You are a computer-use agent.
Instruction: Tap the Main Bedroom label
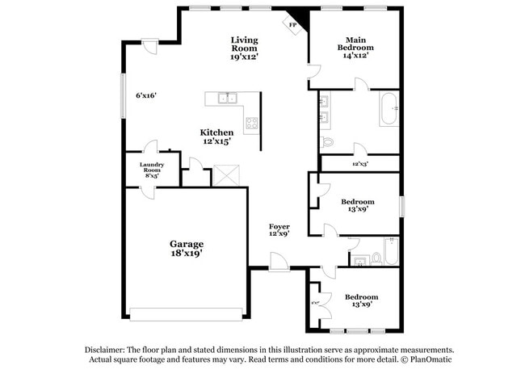click(x=355, y=47)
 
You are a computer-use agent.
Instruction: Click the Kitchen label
click(x=216, y=136)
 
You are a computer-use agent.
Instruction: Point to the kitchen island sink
click(x=227, y=99)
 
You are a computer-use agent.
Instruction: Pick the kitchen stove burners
click(x=251, y=124)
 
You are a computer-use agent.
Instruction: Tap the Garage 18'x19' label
click(x=186, y=248)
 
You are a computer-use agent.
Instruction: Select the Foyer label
click(x=279, y=230)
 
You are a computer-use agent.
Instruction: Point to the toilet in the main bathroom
click(x=328, y=142)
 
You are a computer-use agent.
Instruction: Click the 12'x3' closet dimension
click(x=361, y=163)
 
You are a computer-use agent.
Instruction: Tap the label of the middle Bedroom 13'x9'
click(x=356, y=205)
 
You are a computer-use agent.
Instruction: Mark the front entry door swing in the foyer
click(x=278, y=260)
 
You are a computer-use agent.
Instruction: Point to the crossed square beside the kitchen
click(x=224, y=174)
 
